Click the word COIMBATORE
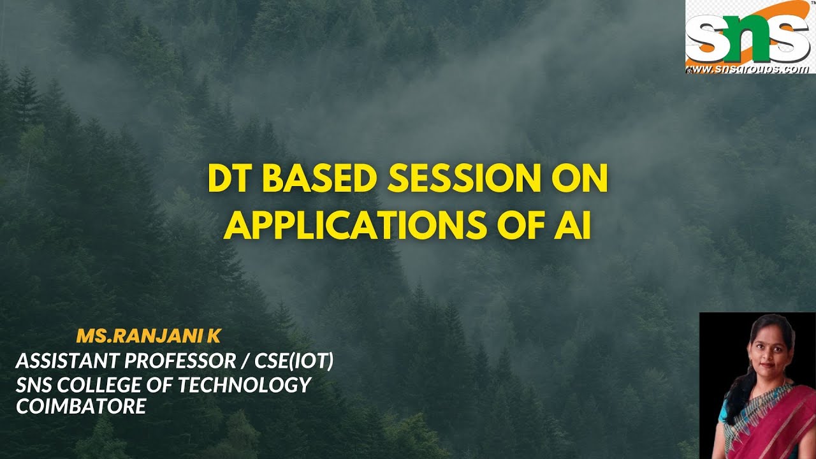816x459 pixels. point(81,406)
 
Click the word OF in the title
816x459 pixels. point(518,226)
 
